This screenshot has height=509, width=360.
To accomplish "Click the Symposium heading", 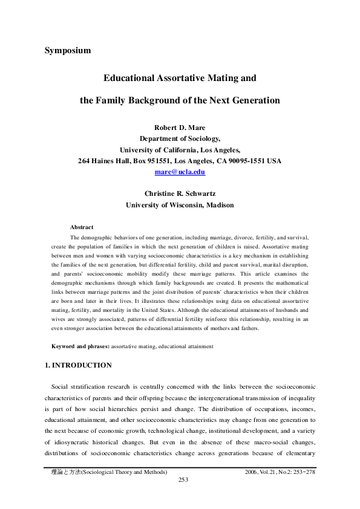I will tap(68, 50).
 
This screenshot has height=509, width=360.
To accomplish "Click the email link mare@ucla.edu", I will tap(180, 172).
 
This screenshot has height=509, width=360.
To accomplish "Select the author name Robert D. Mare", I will tap(180, 128).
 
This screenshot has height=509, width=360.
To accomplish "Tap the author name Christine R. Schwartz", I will tap(180, 194).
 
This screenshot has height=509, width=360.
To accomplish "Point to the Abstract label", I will tap(82, 227).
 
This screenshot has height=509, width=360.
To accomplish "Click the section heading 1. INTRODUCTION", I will tap(79, 365).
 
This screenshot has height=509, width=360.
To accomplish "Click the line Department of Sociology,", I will tap(180, 139).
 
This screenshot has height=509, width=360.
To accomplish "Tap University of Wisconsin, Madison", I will tap(180, 205).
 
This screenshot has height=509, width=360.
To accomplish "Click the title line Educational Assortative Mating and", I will tap(180, 79).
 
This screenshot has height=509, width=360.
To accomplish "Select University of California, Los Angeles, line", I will tap(180, 150).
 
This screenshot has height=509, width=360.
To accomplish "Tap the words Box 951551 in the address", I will tap(149, 161).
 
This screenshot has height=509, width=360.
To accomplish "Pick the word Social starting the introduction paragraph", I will tap(60, 386).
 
